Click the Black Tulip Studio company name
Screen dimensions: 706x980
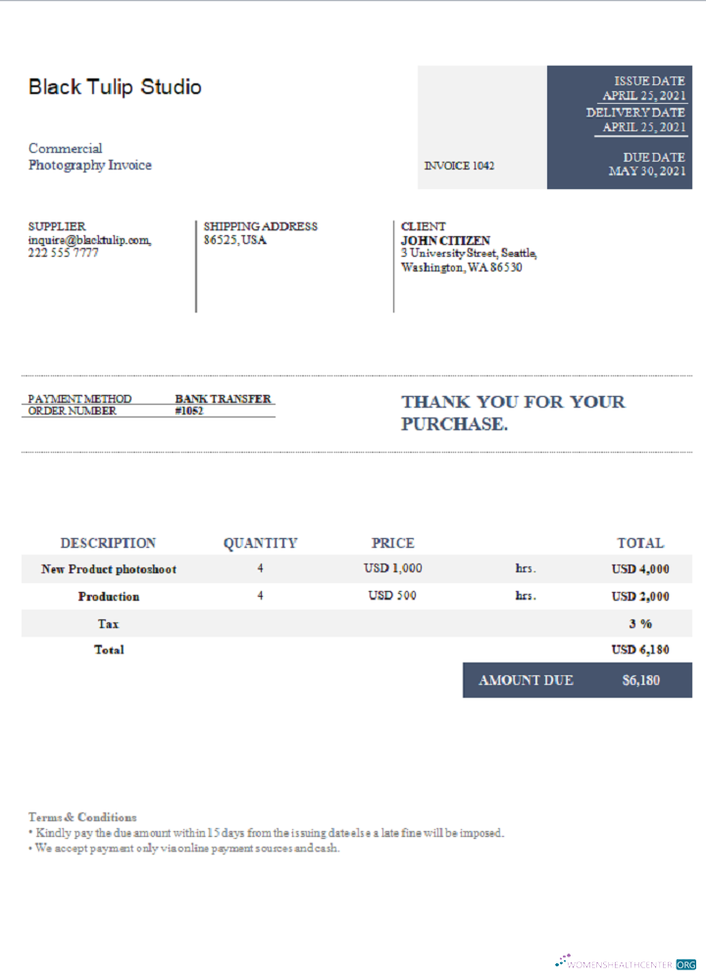115,87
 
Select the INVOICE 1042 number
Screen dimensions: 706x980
459,166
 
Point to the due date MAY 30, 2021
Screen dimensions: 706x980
647,171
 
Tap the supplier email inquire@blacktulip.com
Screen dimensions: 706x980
89,239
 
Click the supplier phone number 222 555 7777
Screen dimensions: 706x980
63,253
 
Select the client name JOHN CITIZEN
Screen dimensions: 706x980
445,240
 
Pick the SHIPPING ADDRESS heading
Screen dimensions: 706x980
260,226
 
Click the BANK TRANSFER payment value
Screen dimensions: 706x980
223,399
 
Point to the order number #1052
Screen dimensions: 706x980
189,412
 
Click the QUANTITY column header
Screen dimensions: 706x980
260,543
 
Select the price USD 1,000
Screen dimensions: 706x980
392,568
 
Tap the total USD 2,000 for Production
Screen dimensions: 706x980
640,596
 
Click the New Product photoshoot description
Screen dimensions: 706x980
109,568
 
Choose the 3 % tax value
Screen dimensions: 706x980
640,623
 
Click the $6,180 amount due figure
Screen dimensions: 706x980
641,680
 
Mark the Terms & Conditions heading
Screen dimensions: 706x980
82,816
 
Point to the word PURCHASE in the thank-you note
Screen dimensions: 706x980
453,424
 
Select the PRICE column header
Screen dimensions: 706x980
392,543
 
